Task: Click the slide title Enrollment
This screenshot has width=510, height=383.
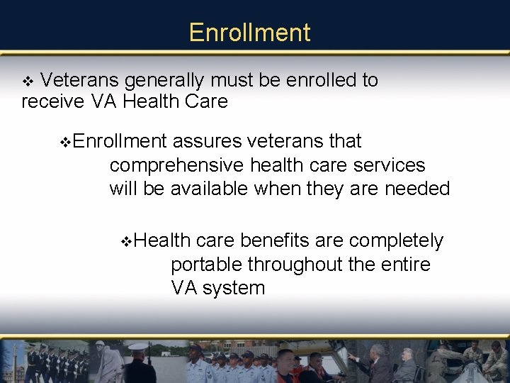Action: (x=249, y=33)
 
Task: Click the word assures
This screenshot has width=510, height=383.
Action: (x=207, y=142)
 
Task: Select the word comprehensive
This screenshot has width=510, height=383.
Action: (x=177, y=166)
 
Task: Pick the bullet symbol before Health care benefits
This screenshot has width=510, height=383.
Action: (x=127, y=242)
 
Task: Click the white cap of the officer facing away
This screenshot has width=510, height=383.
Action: (x=139, y=347)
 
